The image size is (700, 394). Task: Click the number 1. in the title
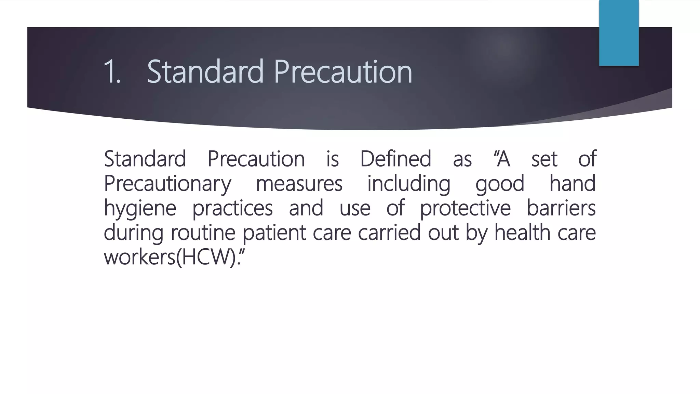(x=112, y=72)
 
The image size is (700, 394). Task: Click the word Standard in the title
(x=205, y=72)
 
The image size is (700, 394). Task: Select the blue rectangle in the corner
(x=619, y=33)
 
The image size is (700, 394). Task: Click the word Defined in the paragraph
(x=395, y=159)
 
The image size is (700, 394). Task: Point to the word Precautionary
(x=167, y=184)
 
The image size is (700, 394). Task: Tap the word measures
(x=299, y=184)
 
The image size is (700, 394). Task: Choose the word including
(x=409, y=184)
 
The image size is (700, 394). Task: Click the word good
(x=500, y=184)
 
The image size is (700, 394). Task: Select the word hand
(x=573, y=183)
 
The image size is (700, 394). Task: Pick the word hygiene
(x=140, y=209)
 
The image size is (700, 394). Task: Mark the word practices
(x=232, y=209)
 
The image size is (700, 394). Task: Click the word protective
(x=465, y=209)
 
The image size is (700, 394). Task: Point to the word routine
(x=203, y=233)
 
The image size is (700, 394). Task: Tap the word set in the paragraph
(x=544, y=159)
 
